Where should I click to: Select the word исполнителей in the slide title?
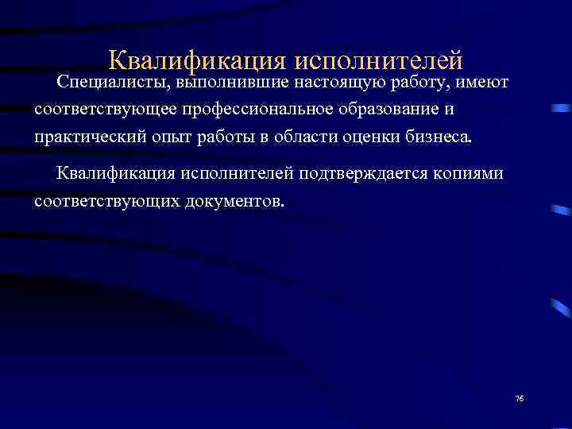pyautogui.click(x=379, y=60)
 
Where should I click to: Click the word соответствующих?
pyautogui.click(x=108, y=200)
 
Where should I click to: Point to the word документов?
pyautogui.click(x=235, y=200)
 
